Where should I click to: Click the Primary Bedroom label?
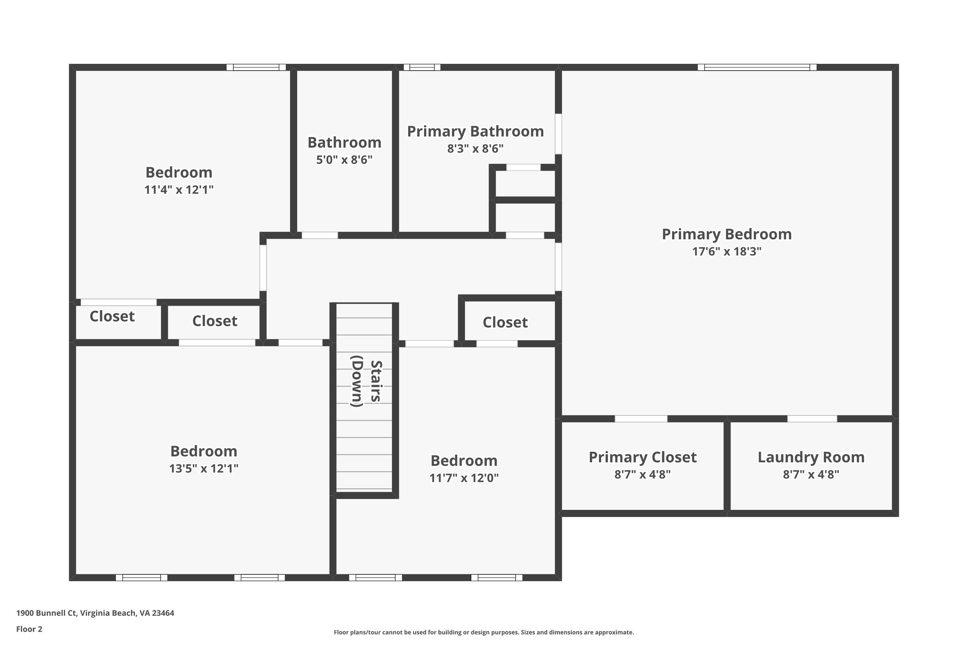726,234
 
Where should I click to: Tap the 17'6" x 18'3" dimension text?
726,251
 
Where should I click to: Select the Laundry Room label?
811,457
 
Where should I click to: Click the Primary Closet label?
642,457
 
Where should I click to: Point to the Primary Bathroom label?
475,131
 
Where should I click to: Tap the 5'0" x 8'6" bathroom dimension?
344,160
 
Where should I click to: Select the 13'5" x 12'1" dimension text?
204,469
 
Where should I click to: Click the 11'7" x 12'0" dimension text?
464,478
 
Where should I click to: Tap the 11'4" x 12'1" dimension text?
179,190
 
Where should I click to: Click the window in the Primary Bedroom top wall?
757,67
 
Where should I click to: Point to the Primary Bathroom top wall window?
422,67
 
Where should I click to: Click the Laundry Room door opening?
812,419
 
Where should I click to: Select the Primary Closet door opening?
641,419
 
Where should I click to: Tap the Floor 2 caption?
29,629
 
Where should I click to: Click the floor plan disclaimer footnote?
484,632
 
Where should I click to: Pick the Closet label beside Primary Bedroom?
505,322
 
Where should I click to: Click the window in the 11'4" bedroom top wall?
256,67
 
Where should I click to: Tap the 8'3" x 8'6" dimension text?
475,149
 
